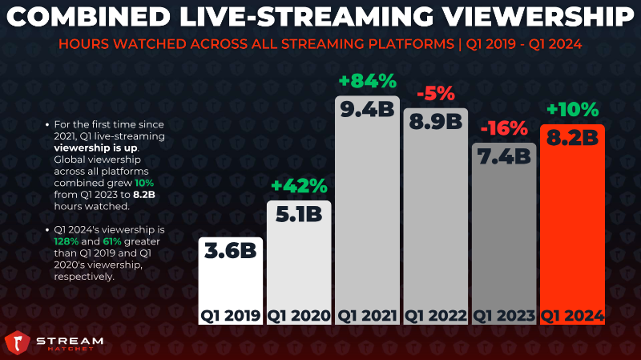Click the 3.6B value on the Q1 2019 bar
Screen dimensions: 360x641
point(230,252)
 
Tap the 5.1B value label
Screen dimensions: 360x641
point(298,215)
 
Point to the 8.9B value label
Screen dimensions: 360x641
point(435,122)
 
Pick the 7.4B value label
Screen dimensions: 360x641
point(504,156)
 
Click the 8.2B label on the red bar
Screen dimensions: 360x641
point(572,138)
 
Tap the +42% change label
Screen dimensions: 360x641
point(299,186)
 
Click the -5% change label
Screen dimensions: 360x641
point(436,94)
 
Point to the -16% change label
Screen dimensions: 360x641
point(504,127)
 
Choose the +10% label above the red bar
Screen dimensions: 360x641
point(572,109)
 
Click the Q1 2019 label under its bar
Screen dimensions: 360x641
point(230,315)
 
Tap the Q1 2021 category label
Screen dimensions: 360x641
point(367,315)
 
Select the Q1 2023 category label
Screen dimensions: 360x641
point(504,315)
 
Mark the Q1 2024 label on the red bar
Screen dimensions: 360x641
point(572,315)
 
